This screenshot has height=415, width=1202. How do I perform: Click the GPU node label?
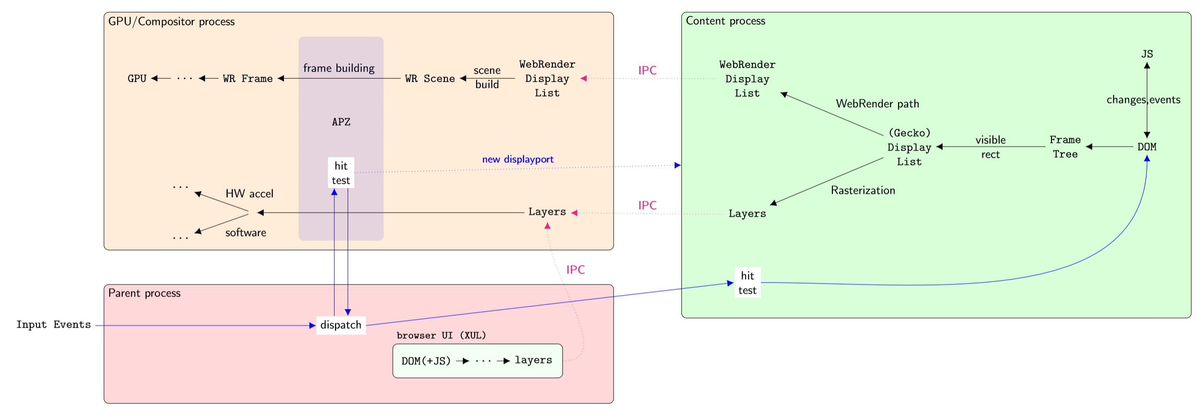(137, 78)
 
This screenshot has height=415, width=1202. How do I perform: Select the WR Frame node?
(247, 78)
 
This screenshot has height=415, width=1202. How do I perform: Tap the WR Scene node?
(430, 78)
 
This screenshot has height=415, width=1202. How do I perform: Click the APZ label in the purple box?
(341, 122)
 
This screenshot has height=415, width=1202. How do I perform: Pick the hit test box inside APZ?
(341, 173)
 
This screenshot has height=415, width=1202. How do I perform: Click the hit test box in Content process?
(747, 283)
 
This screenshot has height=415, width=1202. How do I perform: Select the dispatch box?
(341, 325)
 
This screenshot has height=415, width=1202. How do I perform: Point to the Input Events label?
(53, 325)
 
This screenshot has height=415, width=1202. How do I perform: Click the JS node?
(1147, 54)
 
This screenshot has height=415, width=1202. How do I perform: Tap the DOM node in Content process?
(1147, 147)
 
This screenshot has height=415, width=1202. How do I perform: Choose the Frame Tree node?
(1065, 147)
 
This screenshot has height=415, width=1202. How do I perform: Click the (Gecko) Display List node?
(909, 147)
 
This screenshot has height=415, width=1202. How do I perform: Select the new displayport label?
(517, 159)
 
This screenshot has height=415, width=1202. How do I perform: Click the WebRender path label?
(877, 104)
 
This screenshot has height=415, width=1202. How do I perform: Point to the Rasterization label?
(863, 190)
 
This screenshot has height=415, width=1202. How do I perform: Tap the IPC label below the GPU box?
(575, 270)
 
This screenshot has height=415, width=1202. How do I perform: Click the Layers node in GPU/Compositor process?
(547, 212)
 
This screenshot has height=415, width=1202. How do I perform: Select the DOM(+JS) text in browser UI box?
(426, 361)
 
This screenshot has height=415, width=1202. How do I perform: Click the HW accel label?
(249, 194)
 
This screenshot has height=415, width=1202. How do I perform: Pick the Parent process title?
(144, 293)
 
